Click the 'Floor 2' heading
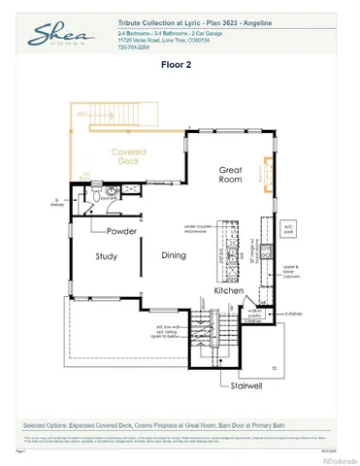coord(180,68)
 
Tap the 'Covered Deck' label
coord(128,158)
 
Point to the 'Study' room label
coord(107,256)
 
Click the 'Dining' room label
coord(174,256)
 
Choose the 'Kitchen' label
coord(228,290)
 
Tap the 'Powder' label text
coord(121,231)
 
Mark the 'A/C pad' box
coord(287,231)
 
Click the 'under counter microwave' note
coord(198,229)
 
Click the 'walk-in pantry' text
coord(253,315)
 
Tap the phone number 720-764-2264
coord(134,47)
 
